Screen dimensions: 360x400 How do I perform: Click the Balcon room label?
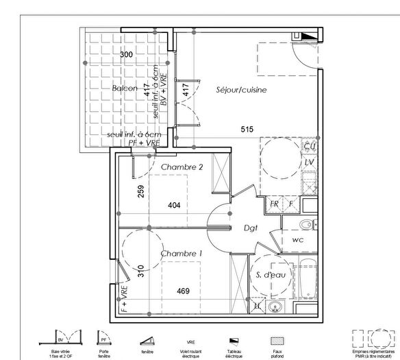click(125, 88)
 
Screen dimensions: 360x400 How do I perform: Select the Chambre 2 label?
click(182, 167)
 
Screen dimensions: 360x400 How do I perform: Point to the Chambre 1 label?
click(182, 254)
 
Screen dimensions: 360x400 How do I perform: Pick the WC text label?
click(298, 241)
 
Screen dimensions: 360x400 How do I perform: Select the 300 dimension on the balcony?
click(126, 55)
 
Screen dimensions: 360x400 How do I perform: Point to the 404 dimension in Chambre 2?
click(175, 204)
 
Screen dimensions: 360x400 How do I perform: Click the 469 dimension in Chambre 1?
click(183, 291)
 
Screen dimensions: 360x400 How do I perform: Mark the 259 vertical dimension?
click(140, 193)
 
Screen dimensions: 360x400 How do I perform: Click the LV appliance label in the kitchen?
click(309, 163)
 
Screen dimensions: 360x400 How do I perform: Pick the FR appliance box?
click(273, 204)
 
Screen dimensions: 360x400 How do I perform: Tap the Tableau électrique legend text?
click(234, 352)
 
